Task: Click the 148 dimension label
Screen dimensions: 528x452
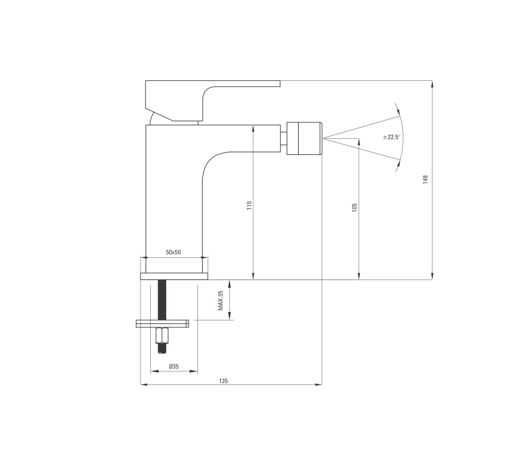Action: click(425, 179)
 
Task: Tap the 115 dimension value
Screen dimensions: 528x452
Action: click(249, 206)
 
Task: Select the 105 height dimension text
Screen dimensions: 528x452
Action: click(354, 207)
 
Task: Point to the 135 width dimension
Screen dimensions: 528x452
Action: click(223, 381)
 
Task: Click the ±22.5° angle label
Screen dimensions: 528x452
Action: click(391, 137)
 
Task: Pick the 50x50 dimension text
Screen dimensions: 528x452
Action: click(174, 252)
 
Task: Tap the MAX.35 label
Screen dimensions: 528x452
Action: click(221, 301)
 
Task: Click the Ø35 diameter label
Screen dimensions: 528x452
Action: click(174, 367)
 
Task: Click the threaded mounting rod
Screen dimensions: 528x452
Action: click(162, 300)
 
